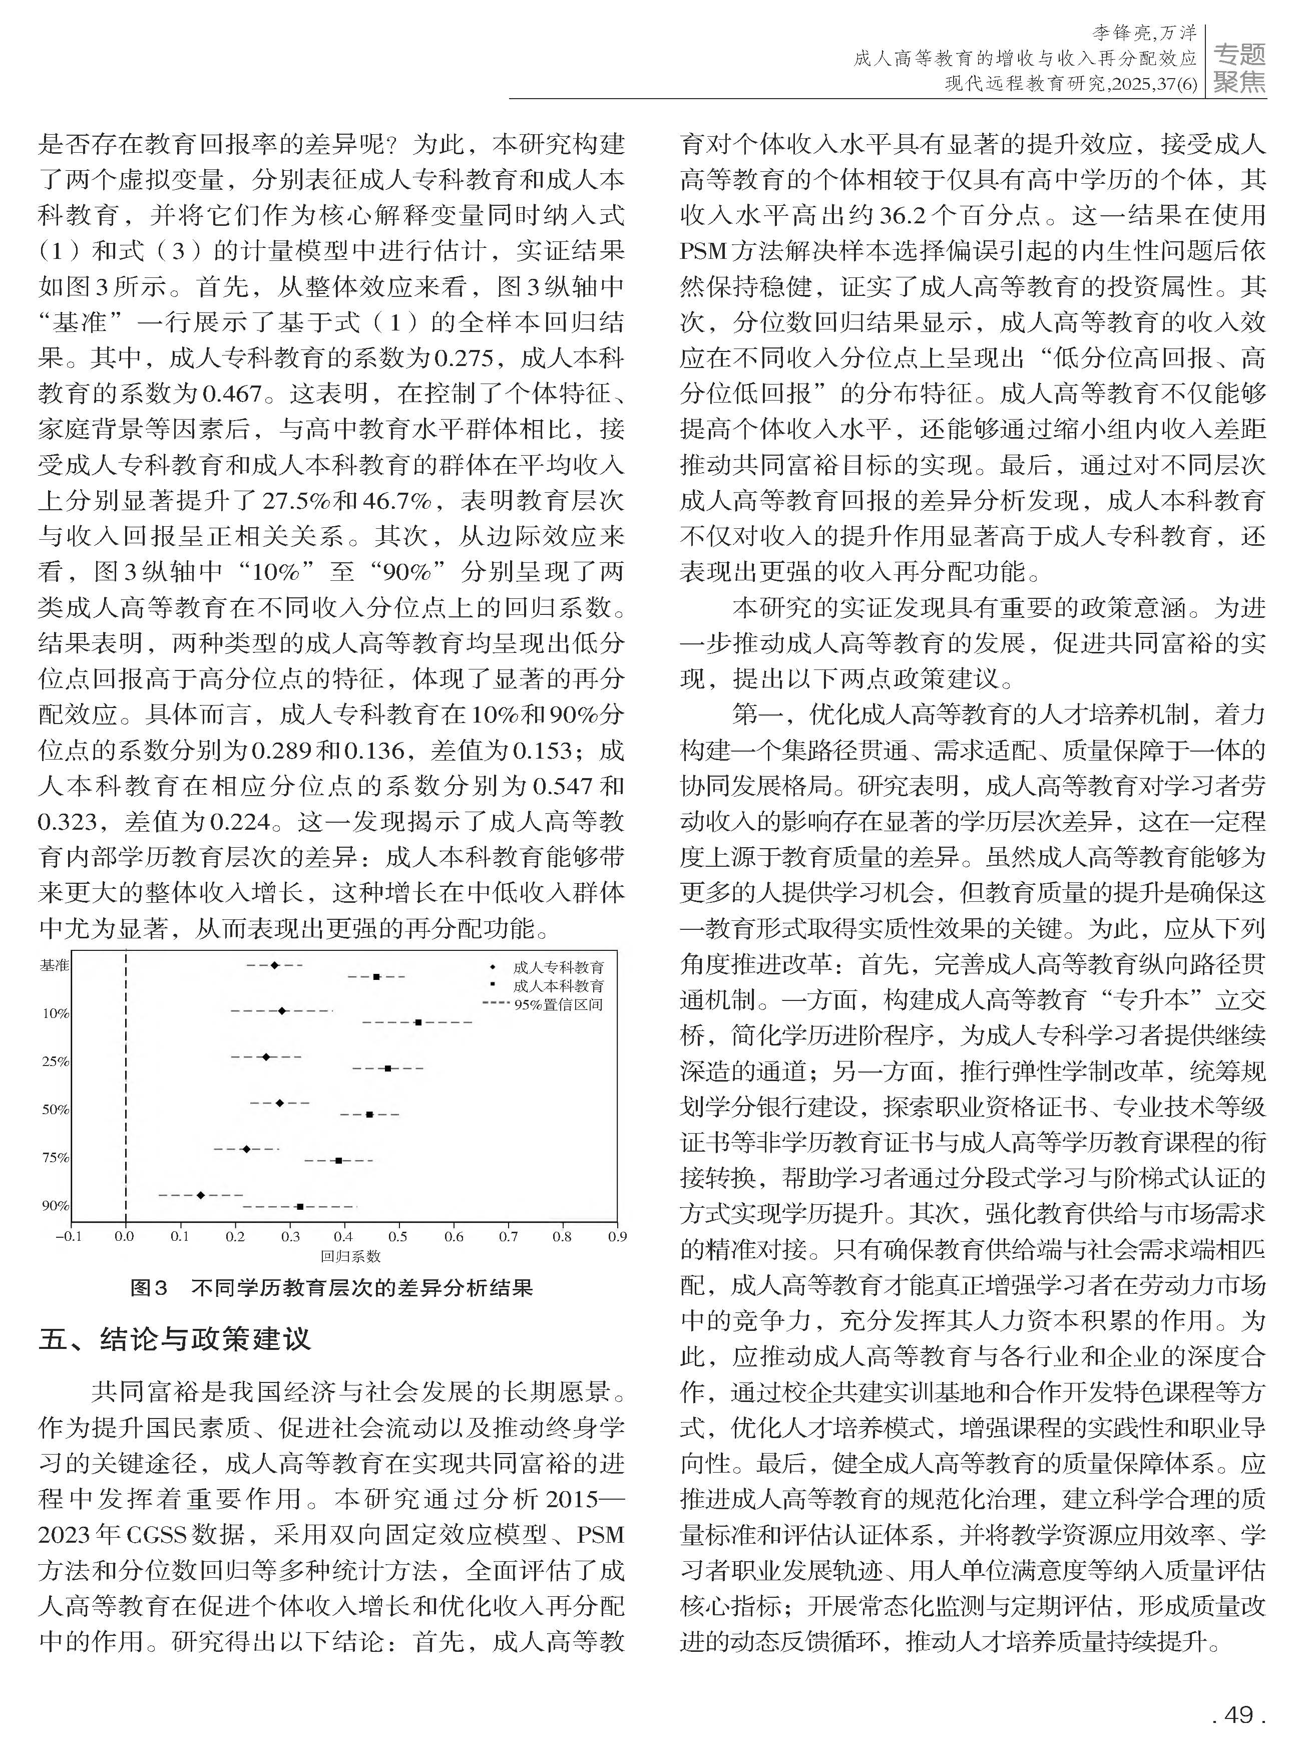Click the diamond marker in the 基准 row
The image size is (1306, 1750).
[274, 965]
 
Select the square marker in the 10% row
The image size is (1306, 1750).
[418, 1022]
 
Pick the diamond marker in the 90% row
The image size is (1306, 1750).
[200, 1195]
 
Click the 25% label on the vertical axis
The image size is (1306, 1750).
[56, 1061]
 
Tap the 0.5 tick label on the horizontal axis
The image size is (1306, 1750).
[397, 1237]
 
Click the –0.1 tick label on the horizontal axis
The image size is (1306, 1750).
[68, 1237]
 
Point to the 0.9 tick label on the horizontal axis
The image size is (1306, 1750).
[617, 1237]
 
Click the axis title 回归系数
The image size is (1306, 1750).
[350, 1256]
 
